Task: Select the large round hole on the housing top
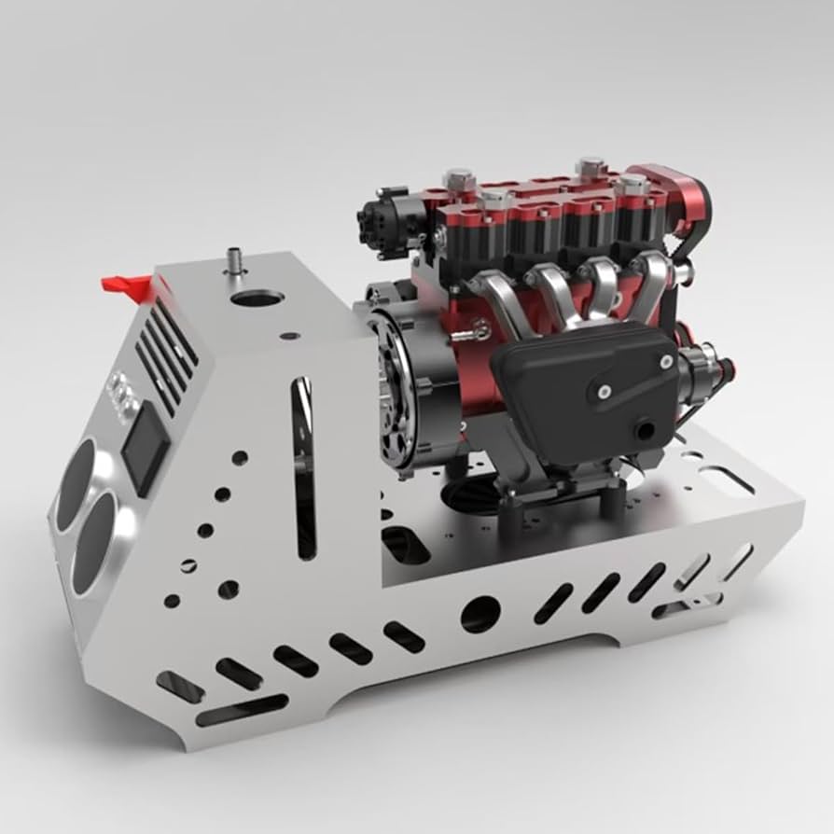[257, 299]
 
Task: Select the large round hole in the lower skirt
[480, 613]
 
